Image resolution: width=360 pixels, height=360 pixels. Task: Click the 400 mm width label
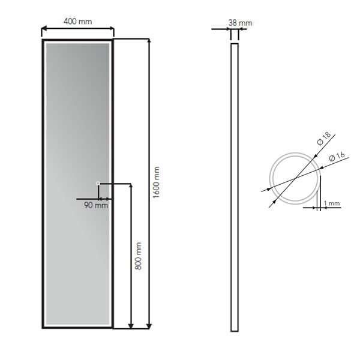[x=78, y=22]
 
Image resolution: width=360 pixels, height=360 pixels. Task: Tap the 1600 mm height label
[x=157, y=184]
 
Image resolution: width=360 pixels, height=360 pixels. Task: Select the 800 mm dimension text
[x=138, y=257]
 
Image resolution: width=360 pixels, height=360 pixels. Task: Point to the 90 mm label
[x=96, y=205]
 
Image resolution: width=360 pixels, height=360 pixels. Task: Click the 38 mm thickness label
[x=240, y=23]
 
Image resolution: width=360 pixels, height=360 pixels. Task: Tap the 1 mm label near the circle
[x=331, y=204]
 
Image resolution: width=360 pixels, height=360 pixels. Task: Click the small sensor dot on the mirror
[x=98, y=182]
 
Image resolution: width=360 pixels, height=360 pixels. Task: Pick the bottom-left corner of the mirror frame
[x=43, y=328]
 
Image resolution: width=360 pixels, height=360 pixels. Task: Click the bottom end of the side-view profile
[x=234, y=330]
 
